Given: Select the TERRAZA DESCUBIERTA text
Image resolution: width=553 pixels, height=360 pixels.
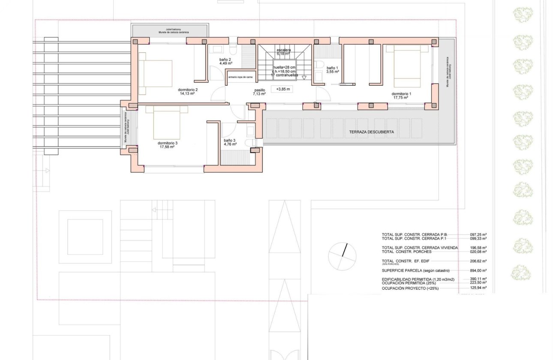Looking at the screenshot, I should click(371, 132).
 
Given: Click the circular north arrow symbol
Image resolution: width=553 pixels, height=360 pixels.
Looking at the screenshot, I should click(342, 257).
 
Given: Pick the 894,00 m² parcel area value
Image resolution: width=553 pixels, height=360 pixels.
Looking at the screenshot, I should click(478, 271).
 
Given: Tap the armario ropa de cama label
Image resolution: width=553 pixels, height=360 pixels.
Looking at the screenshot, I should click(240, 77).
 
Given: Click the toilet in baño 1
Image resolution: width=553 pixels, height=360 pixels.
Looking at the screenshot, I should click(319, 65).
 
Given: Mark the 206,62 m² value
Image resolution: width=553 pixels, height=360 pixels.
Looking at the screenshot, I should click(478, 261).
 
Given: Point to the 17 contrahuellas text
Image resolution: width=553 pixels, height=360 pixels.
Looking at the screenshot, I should click(284, 75).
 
